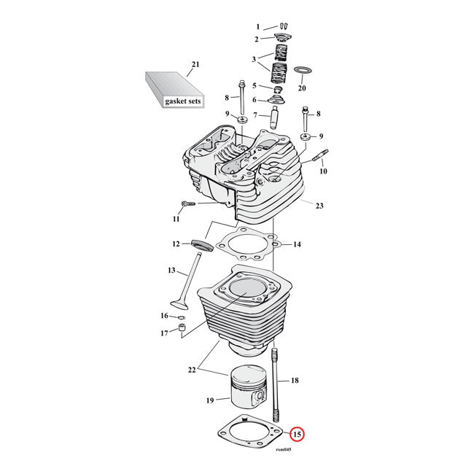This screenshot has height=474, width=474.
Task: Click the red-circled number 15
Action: tap(297, 435)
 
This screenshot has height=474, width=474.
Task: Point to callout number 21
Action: tap(195, 66)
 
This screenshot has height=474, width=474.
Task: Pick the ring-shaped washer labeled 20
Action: tap(302, 71)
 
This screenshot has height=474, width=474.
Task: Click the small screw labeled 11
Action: tap(184, 204)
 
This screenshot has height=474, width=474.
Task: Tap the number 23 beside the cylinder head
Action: tap(319, 206)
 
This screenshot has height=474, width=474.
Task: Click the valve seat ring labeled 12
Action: tap(202, 244)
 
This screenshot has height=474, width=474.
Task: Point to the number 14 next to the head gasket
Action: tap(297, 244)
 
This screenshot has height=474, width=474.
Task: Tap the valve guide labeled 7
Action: tap(276, 116)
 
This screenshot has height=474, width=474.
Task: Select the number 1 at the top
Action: tap(257, 27)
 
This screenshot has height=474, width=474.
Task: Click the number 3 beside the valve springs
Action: tap(255, 60)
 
